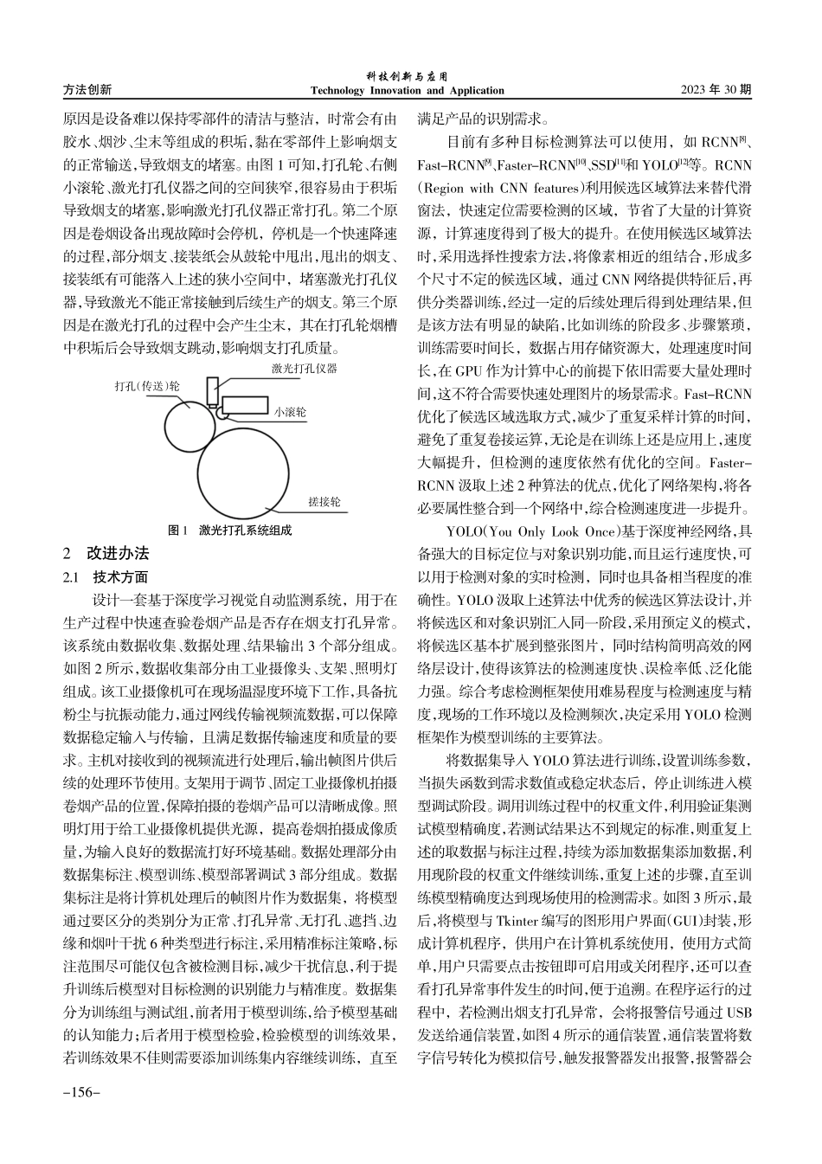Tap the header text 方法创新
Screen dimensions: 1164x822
coord(87,90)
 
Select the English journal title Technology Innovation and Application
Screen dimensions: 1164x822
coord(407,91)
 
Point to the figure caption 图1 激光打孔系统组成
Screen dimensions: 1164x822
coord(229,531)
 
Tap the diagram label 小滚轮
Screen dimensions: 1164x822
coord(290,414)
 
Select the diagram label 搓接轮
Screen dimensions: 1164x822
coord(324,502)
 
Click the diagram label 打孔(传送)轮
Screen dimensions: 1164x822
coord(146,386)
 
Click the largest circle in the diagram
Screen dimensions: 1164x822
coord(245,471)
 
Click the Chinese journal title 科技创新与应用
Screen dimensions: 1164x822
coord(406,77)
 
